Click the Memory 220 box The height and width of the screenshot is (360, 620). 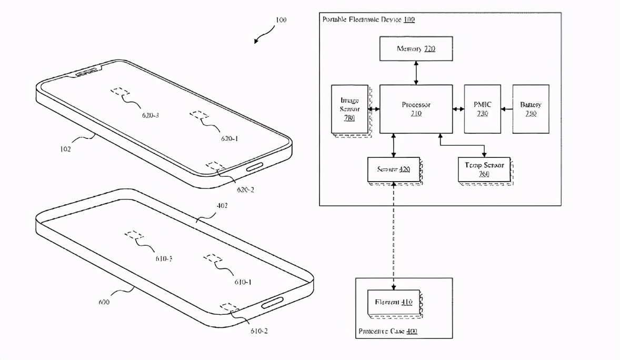(x=416, y=48)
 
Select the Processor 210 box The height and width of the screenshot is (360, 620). (x=416, y=109)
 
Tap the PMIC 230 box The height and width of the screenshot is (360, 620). (x=482, y=109)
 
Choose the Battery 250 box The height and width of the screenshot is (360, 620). (x=531, y=109)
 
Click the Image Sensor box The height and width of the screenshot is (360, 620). (x=349, y=109)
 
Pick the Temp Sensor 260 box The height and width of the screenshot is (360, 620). (x=484, y=169)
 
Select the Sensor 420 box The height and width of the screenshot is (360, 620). (x=393, y=169)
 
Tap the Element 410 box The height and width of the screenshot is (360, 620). (x=393, y=303)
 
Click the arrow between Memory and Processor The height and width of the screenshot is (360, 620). (x=416, y=73)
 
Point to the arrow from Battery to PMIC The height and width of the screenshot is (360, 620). (x=506, y=109)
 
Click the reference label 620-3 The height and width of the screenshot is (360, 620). (x=150, y=115)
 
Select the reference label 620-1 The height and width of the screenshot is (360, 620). (x=229, y=138)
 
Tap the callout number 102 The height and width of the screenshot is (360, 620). (x=66, y=148)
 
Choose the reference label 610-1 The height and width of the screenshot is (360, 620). (x=243, y=282)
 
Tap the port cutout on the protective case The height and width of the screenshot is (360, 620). (x=273, y=303)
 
